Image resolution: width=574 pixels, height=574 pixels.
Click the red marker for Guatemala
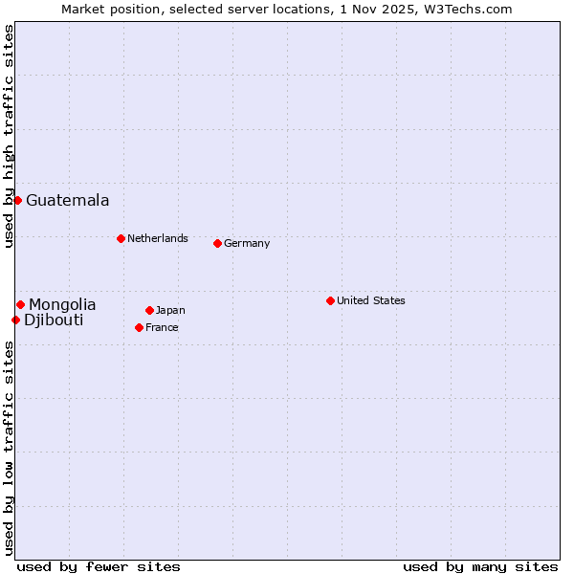(x=17, y=200)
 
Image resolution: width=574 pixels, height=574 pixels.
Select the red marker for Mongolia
(x=20, y=304)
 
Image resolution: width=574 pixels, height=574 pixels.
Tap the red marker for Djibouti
(x=15, y=320)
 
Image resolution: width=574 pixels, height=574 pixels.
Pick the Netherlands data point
(x=121, y=238)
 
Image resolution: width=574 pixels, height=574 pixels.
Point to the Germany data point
(x=217, y=243)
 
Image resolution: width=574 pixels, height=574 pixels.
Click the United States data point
(x=330, y=300)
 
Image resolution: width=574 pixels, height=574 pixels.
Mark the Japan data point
(x=149, y=310)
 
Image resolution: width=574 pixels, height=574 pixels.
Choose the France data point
(x=139, y=327)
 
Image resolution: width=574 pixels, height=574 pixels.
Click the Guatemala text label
(x=67, y=200)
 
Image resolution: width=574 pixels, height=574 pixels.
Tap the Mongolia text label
(x=62, y=304)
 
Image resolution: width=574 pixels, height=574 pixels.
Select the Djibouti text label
(x=54, y=320)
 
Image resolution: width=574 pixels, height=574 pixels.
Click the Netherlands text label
(x=158, y=238)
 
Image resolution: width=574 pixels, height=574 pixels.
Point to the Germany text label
(x=247, y=243)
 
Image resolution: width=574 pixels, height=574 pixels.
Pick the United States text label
(x=371, y=300)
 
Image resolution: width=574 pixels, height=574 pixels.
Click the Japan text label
(x=170, y=310)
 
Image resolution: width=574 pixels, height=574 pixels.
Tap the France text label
(x=162, y=327)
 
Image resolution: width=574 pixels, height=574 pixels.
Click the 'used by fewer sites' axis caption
(x=99, y=566)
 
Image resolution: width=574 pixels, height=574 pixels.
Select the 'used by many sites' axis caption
(x=480, y=566)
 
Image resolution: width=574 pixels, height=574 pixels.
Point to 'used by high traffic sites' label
(x=9, y=136)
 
